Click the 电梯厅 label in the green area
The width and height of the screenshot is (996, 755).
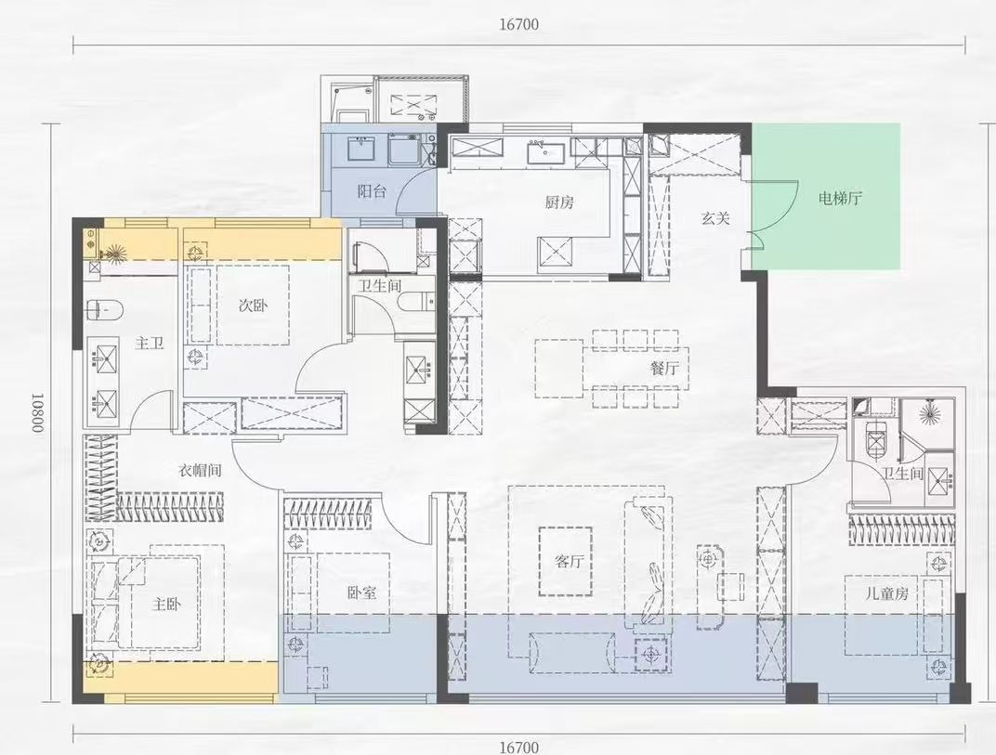click(x=840, y=199)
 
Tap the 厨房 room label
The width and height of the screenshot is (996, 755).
click(x=559, y=202)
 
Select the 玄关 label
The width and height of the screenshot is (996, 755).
click(x=715, y=218)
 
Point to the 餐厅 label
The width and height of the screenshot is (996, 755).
click(x=664, y=368)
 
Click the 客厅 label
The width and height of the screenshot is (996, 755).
click(x=569, y=561)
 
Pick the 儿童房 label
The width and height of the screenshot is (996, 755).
click(x=886, y=593)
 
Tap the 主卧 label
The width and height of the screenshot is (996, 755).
click(x=166, y=604)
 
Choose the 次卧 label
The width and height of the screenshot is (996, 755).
click(x=253, y=306)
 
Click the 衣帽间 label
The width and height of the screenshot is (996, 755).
click(x=200, y=471)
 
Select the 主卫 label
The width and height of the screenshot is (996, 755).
click(x=150, y=344)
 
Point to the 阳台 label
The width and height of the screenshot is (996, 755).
click(x=372, y=191)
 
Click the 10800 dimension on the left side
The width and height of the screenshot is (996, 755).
click(x=37, y=412)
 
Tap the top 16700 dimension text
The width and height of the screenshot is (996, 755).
click(x=519, y=25)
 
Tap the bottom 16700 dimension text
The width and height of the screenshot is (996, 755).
click(x=519, y=747)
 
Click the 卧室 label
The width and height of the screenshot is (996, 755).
click(x=361, y=592)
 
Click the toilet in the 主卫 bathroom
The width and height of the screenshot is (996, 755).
click(x=104, y=310)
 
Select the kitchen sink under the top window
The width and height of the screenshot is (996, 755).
click(x=545, y=152)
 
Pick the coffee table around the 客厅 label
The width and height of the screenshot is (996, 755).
click(x=565, y=561)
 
